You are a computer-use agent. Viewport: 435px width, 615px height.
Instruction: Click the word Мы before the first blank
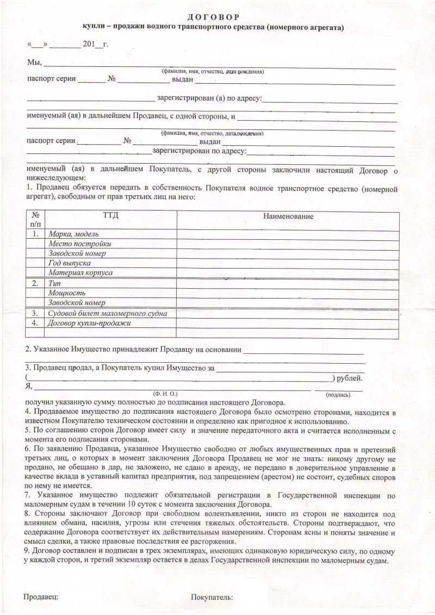tap(34, 63)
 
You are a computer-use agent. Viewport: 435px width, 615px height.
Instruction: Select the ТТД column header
tap(110, 216)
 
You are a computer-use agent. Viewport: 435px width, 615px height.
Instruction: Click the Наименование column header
tap(289, 216)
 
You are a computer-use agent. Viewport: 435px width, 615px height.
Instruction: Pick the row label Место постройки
tap(80, 244)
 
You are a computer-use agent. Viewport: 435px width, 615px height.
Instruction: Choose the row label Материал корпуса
tap(80, 272)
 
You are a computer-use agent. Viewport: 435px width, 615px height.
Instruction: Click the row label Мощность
tap(67, 293)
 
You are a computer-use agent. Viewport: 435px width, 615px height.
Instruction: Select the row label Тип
tap(54, 283)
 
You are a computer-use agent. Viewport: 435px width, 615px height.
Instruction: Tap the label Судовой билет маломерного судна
tap(108, 313)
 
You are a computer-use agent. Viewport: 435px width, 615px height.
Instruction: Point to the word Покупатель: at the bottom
tap(212, 597)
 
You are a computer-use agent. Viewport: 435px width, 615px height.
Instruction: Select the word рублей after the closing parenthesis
tap(350, 378)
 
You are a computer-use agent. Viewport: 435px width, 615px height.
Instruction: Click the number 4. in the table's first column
tap(35, 323)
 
